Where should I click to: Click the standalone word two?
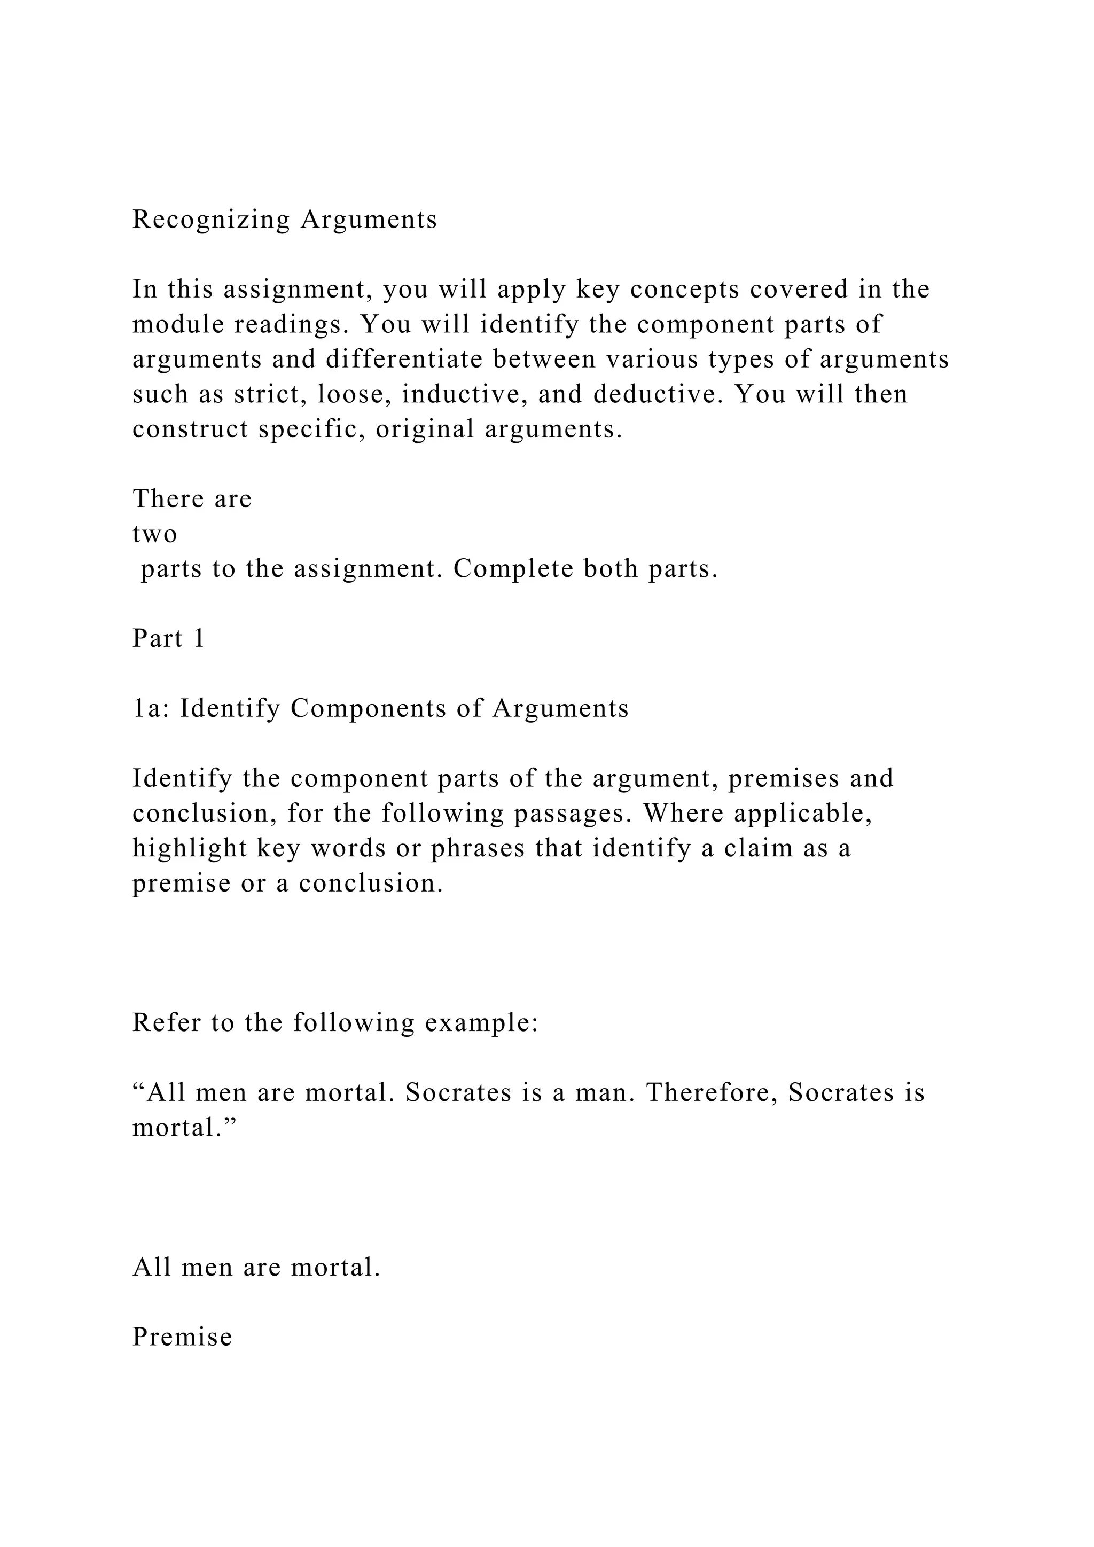[x=155, y=534]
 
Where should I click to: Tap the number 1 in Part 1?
[x=199, y=639]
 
